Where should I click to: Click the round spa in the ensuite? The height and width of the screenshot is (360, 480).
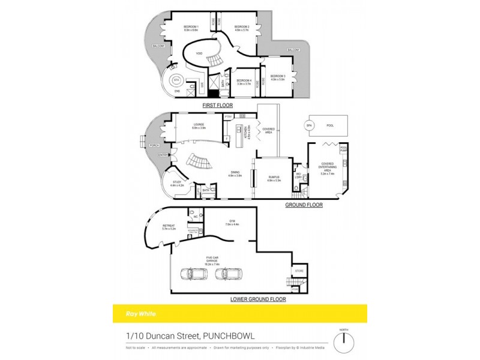[176, 80]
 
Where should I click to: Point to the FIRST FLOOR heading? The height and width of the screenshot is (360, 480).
[217, 106]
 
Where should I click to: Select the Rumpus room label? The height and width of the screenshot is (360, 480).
[274, 179]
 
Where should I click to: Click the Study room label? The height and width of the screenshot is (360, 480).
[178, 184]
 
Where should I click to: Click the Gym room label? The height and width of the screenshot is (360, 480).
[232, 223]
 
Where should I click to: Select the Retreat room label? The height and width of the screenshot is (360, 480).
[169, 227]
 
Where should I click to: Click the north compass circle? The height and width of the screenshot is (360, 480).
[343, 341]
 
